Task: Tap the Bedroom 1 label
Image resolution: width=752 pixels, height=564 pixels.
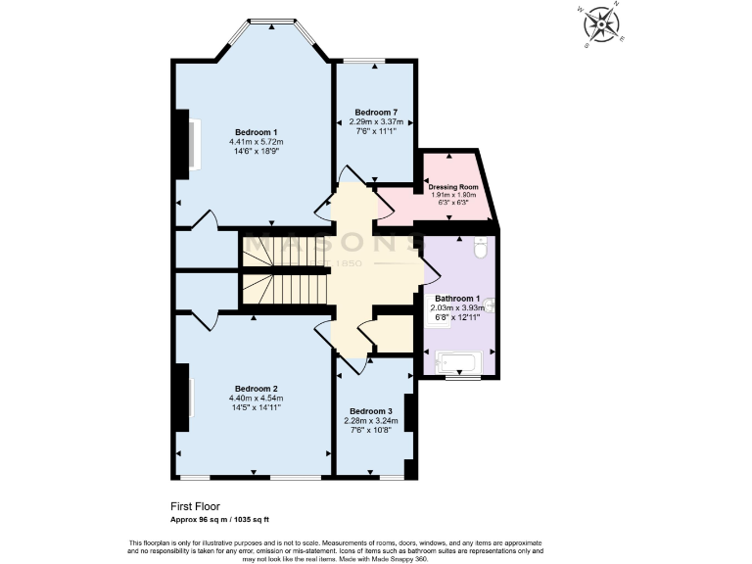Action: coord(256,132)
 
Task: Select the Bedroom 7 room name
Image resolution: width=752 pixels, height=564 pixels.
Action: coord(374,113)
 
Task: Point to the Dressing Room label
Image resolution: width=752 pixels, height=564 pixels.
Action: coord(453,186)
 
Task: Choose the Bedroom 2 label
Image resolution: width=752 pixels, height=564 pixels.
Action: coord(256,389)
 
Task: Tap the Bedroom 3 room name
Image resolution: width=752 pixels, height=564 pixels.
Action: coord(371,410)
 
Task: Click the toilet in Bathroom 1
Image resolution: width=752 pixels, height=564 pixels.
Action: coord(479,250)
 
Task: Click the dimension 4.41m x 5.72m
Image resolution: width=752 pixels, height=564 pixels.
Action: coord(256,142)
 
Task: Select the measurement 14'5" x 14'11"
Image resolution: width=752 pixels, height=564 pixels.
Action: coord(256,408)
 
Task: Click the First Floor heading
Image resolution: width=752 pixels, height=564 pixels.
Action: coord(195,506)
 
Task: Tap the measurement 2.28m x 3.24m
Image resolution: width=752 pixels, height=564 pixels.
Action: coord(371,420)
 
